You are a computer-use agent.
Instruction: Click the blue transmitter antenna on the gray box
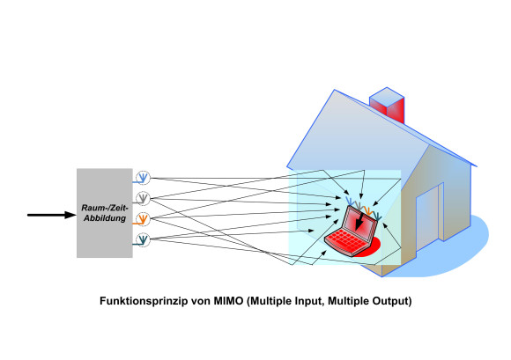point(143,178)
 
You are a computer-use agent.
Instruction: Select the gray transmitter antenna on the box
point(143,198)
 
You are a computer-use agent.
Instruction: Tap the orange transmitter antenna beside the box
point(143,219)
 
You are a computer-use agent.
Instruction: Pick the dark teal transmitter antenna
point(143,240)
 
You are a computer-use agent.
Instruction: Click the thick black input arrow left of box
point(51,215)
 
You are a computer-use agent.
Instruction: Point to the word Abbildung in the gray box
point(105,218)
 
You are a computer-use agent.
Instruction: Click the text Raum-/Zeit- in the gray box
point(105,208)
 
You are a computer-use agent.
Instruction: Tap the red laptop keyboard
point(347,241)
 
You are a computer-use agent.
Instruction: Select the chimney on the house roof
point(387,105)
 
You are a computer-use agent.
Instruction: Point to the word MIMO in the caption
point(228,300)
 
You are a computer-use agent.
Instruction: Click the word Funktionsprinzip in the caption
point(144,301)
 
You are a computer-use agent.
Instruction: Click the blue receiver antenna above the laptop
point(349,201)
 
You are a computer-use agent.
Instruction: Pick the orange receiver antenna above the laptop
point(368,210)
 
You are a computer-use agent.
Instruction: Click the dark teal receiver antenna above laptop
point(377,216)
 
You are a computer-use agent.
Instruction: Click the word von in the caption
point(201,301)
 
